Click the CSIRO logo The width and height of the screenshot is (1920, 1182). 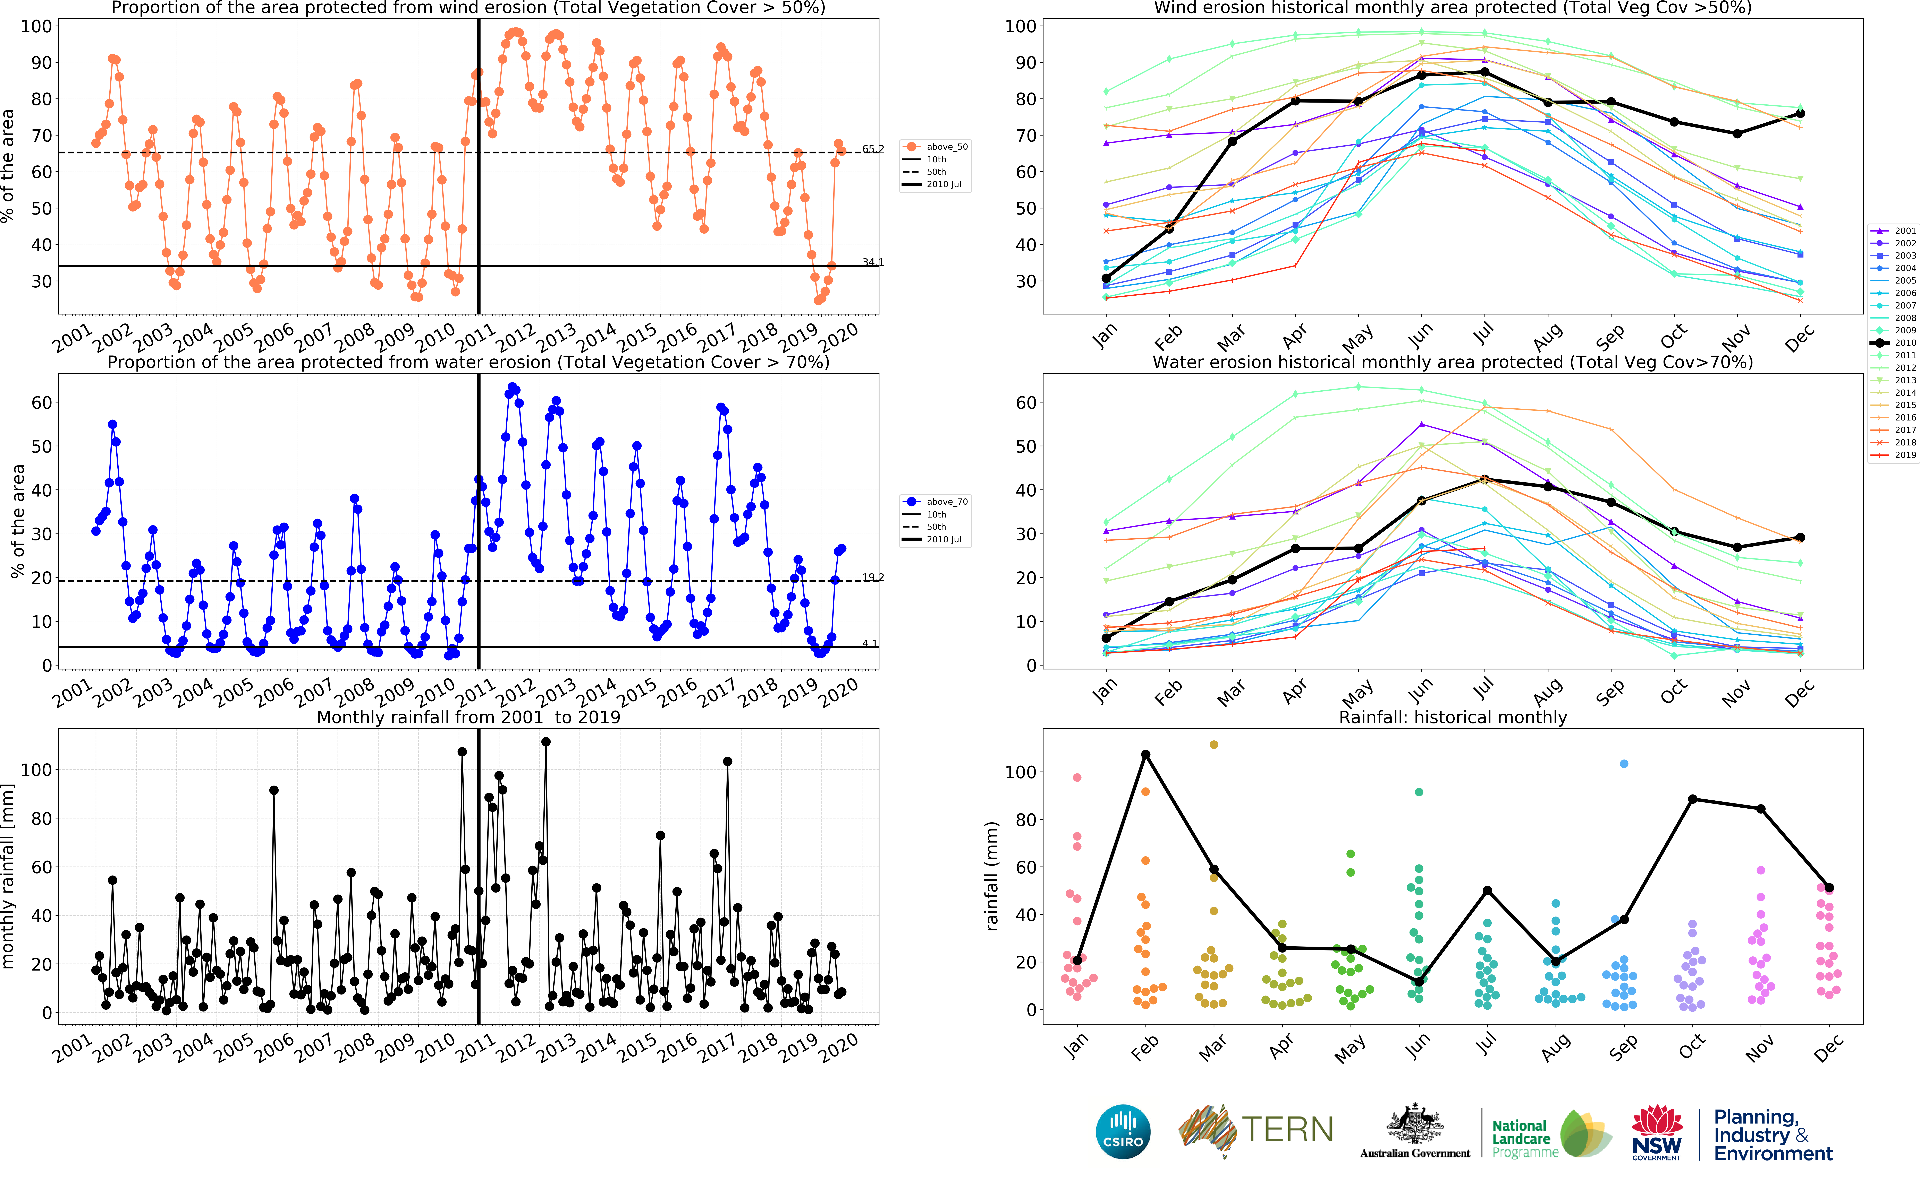[1123, 1131]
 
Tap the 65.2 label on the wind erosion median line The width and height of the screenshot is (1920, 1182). [873, 149]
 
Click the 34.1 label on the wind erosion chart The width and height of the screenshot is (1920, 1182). [873, 262]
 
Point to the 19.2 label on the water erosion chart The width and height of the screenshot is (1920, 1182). [873, 577]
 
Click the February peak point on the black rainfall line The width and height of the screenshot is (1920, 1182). [1146, 754]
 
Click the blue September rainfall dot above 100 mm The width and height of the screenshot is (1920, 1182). [1624, 764]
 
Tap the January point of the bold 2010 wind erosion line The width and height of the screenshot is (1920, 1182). [1106, 278]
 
